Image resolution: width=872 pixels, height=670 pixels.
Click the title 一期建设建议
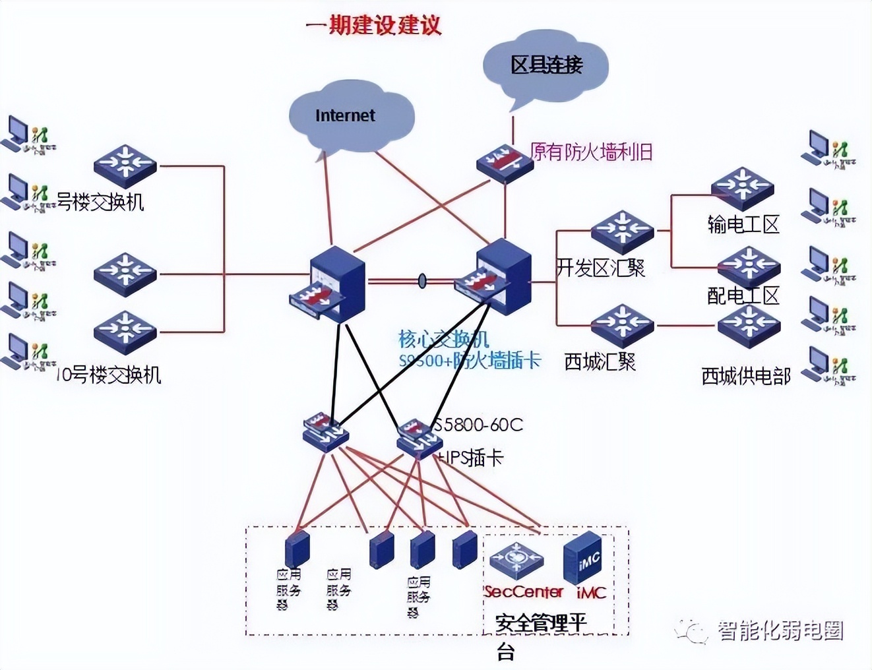373,25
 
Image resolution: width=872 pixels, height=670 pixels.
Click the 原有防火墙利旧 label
591,152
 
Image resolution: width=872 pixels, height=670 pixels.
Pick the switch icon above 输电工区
742,187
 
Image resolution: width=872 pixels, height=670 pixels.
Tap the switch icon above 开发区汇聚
622,231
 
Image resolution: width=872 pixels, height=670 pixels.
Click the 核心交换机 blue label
443,339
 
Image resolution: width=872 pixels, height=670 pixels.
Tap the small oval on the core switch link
422,281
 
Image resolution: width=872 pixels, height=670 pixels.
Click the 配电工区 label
743,295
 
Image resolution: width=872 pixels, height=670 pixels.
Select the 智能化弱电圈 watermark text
780,631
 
